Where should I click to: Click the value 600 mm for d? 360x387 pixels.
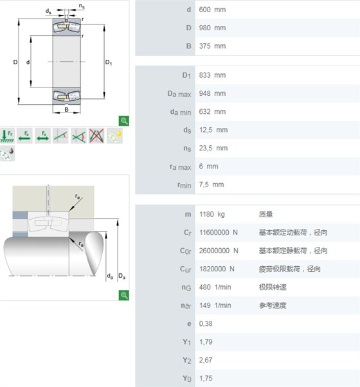212,10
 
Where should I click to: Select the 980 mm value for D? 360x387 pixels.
212,28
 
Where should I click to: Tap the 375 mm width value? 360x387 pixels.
212,46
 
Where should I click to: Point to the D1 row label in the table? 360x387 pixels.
186,75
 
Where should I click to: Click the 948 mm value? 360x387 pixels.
212,94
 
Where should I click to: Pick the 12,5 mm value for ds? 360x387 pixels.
213,130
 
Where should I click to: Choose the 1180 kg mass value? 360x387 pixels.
212,214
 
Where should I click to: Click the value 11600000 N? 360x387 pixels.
219,233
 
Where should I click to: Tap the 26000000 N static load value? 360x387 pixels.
219,251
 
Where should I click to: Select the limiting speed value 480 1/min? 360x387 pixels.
215,287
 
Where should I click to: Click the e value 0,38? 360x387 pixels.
206,324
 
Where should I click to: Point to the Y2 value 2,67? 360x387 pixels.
206,361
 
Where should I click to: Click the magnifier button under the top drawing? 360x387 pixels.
124,121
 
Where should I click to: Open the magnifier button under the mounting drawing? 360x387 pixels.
124,295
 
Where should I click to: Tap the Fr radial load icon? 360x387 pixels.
7,136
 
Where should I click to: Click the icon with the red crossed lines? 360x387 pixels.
96,136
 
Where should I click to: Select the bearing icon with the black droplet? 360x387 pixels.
7,153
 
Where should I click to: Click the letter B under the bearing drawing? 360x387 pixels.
66,109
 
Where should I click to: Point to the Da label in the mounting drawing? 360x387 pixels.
122,276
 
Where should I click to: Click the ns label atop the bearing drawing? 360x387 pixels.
82,6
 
